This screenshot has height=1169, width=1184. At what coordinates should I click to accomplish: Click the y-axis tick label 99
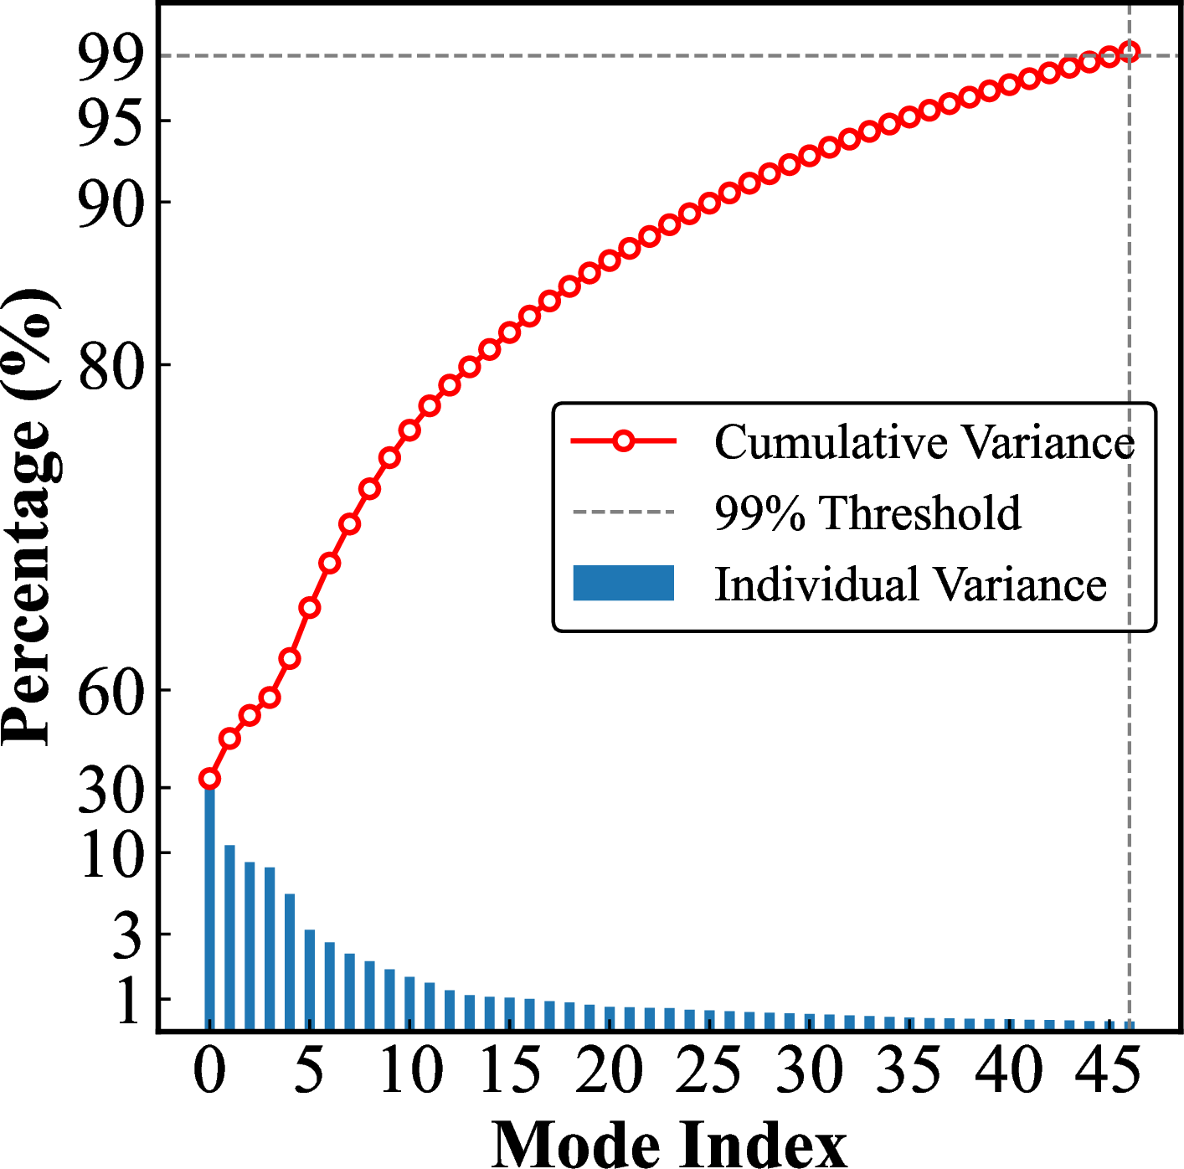[111, 59]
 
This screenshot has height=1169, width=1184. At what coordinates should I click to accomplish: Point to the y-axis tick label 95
[111, 123]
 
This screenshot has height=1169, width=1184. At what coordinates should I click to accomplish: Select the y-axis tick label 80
[111, 367]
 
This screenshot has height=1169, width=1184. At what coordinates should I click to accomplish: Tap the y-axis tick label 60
[111, 692]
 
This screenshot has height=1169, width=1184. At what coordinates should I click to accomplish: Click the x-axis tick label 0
[209, 1070]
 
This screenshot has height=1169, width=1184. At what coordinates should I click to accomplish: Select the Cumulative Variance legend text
[924, 441]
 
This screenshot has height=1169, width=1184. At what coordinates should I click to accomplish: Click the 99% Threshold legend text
[867, 512]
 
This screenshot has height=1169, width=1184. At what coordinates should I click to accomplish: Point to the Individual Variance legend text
[910, 584]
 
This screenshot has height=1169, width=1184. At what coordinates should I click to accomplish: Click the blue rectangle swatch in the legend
[623, 583]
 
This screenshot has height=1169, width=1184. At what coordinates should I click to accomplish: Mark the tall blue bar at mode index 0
[209, 904]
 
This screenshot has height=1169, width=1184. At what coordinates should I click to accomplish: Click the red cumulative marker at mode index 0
[209, 780]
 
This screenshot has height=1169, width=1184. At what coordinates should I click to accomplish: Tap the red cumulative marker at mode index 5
[310, 607]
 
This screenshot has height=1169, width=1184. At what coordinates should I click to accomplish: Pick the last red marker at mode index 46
[1129, 52]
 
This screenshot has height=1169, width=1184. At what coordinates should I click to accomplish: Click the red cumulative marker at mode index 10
[409, 430]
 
